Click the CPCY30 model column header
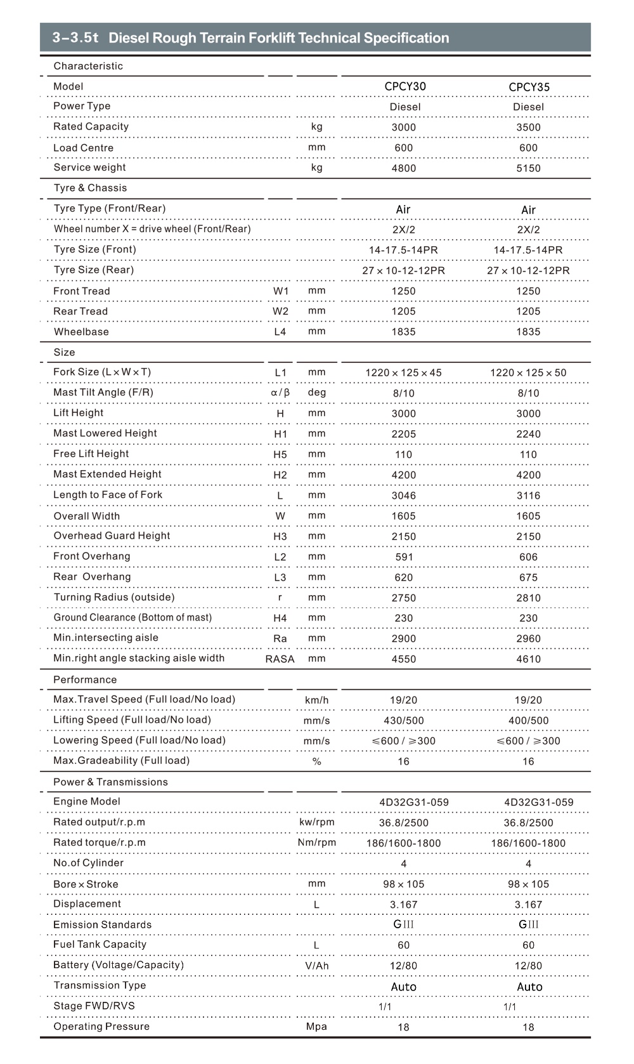click(405, 86)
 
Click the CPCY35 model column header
click(529, 87)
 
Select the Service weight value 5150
click(528, 168)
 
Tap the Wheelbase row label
click(81, 332)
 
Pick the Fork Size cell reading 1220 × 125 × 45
click(403, 372)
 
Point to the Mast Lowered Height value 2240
click(528, 434)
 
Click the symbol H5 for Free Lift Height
click(280, 454)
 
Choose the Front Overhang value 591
click(404, 557)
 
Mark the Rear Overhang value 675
click(528, 577)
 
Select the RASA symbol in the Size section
click(280, 659)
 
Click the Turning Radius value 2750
click(403, 598)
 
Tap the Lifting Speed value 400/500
click(528, 720)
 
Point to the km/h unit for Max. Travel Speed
click(316, 700)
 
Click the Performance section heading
click(85, 680)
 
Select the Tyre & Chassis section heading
click(90, 188)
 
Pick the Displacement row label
click(87, 903)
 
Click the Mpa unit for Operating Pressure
click(316, 1026)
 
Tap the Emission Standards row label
click(102, 924)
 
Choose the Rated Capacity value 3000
click(403, 127)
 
